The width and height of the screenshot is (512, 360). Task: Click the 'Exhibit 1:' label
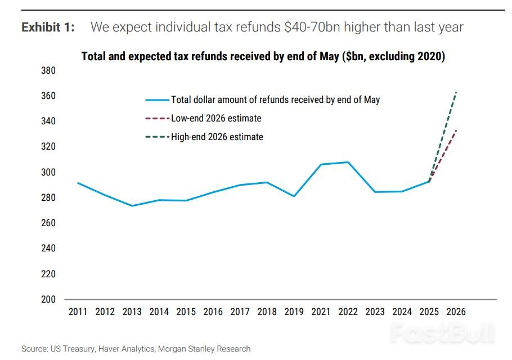click(48, 27)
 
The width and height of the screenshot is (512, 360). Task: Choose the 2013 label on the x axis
click(132, 312)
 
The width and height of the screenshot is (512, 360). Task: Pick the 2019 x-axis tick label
click(294, 312)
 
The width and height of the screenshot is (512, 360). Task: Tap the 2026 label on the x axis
click(455, 312)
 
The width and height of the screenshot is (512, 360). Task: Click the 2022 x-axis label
click(348, 312)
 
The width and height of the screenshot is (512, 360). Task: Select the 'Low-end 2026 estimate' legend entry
click(216, 119)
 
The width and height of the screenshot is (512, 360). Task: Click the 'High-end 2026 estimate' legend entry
click(217, 137)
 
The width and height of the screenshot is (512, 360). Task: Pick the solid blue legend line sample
click(157, 100)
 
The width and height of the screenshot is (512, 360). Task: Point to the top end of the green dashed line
click(456, 92)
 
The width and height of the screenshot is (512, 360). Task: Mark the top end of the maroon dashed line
click(456, 130)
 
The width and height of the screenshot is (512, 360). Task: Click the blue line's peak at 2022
click(348, 162)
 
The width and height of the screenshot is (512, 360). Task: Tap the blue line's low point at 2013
click(132, 206)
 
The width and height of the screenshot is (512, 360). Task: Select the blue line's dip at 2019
click(294, 196)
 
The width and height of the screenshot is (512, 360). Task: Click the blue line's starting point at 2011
click(78, 183)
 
